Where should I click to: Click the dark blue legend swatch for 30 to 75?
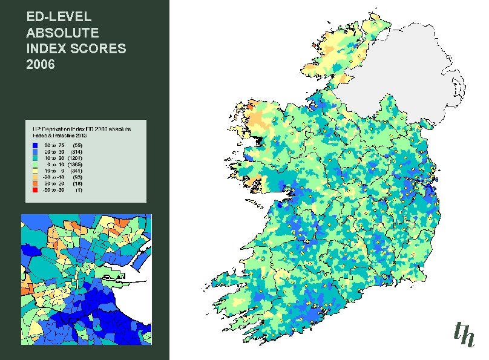[x=35, y=145]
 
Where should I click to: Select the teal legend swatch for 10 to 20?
[x=35, y=158]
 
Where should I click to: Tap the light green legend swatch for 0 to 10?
[x=35, y=164]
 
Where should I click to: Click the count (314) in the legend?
[x=76, y=151]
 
